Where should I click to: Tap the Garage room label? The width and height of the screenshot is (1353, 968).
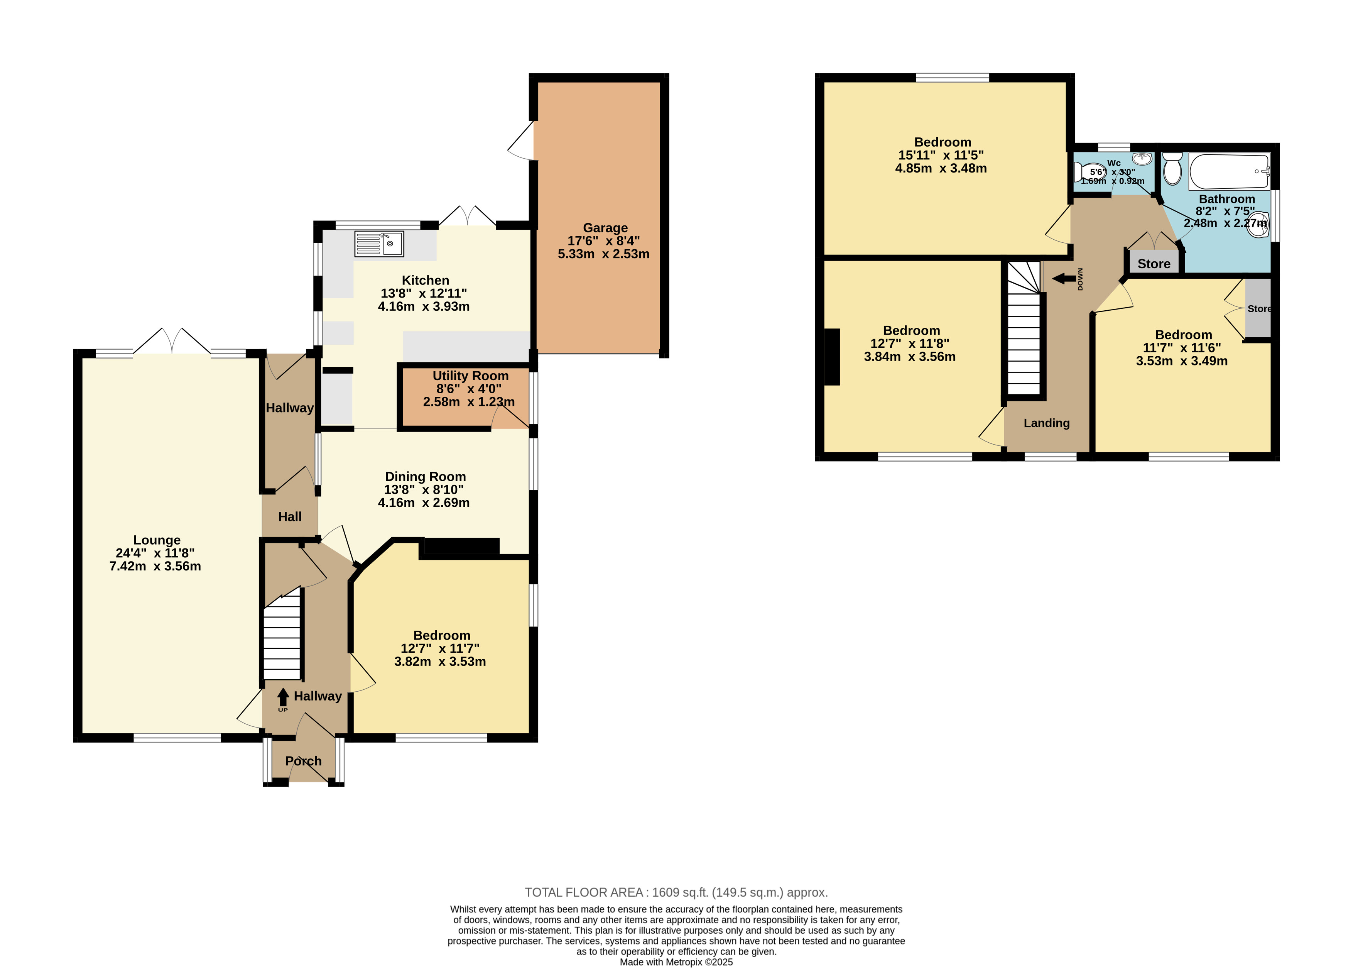pos(605,228)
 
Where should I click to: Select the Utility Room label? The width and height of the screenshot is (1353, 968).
pos(470,376)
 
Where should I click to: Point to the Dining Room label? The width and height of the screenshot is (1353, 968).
pos(426,476)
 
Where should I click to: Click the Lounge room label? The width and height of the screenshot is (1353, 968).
pos(157,540)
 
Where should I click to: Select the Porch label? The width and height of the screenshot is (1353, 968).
pos(303,761)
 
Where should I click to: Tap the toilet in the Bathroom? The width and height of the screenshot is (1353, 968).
pos(1172,169)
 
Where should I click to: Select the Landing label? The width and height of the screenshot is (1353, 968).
pos(1046,423)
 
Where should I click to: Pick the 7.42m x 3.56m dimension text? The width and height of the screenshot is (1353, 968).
pos(155,566)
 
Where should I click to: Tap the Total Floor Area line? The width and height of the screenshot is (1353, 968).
pos(676,892)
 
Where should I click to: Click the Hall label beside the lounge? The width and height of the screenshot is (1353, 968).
pos(290,517)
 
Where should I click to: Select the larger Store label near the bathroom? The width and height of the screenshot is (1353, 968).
pos(1154,264)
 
